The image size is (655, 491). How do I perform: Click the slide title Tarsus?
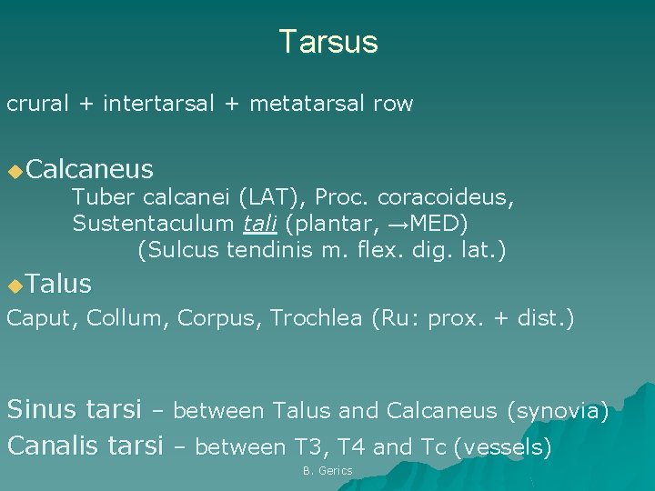[x=327, y=42]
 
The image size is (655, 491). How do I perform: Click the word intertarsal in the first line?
[x=158, y=104]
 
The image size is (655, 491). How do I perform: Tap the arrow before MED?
[x=401, y=223]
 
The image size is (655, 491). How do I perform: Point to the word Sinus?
[x=43, y=411]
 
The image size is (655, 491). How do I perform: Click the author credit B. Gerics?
[x=327, y=471]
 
